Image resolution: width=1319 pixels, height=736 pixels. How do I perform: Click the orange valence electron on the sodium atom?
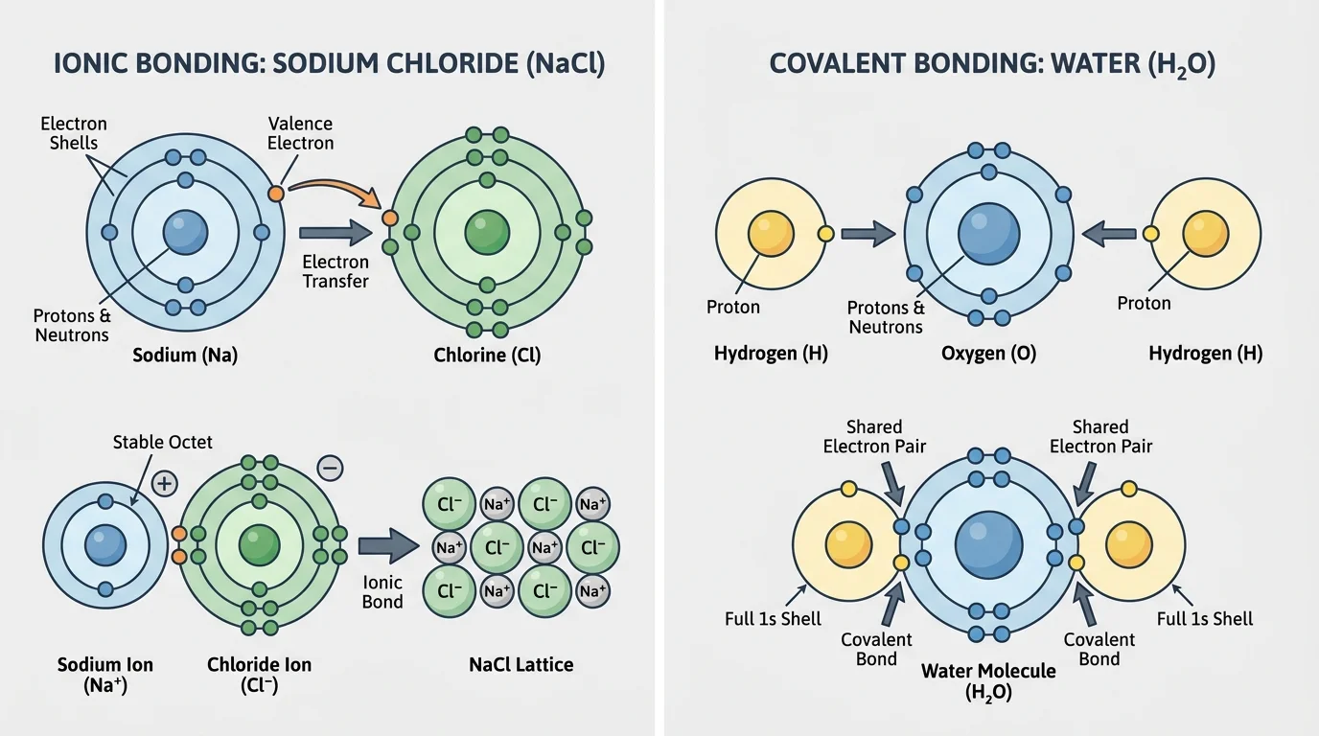click(x=276, y=193)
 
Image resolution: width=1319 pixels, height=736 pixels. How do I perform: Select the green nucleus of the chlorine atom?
click(x=487, y=232)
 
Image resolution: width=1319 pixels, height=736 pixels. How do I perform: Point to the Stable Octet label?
click(x=163, y=442)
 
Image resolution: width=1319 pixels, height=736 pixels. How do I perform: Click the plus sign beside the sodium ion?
click(x=164, y=483)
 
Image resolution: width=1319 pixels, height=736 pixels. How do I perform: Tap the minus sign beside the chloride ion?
click(x=329, y=468)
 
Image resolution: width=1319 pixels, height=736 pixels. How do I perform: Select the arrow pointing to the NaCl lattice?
click(x=387, y=545)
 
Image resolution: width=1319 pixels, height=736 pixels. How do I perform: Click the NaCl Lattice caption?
click(x=521, y=664)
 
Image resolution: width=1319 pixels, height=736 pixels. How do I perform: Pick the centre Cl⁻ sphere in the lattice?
click(x=497, y=548)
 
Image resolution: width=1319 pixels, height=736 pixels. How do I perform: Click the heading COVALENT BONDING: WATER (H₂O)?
click(x=992, y=64)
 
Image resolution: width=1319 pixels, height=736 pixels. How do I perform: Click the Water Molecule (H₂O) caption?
click(x=988, y=681)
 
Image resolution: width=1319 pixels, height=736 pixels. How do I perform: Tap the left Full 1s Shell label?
click(x=773, y=619)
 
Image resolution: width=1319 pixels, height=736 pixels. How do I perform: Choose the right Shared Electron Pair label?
click(x=1100, y=436)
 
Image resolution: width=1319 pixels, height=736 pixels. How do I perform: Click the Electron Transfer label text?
click(x=336, y=271)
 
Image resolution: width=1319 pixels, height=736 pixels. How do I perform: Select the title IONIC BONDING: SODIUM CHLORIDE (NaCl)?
click(x=329, y=64)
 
